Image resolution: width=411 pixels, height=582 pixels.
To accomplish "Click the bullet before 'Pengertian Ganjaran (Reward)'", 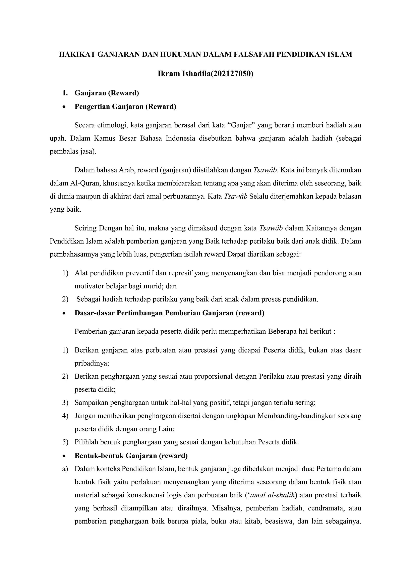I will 65,107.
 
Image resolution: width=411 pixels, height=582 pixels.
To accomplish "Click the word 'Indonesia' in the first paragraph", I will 181,138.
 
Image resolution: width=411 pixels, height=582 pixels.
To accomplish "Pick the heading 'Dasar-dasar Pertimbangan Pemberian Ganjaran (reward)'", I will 169,313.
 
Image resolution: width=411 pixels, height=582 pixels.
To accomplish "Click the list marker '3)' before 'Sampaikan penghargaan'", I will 65,403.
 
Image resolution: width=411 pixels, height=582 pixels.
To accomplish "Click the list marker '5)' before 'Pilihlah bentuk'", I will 65,442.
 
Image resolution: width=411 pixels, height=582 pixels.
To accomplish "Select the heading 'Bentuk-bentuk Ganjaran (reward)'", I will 131,456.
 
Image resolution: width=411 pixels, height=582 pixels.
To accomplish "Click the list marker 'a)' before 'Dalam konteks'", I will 65,469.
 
